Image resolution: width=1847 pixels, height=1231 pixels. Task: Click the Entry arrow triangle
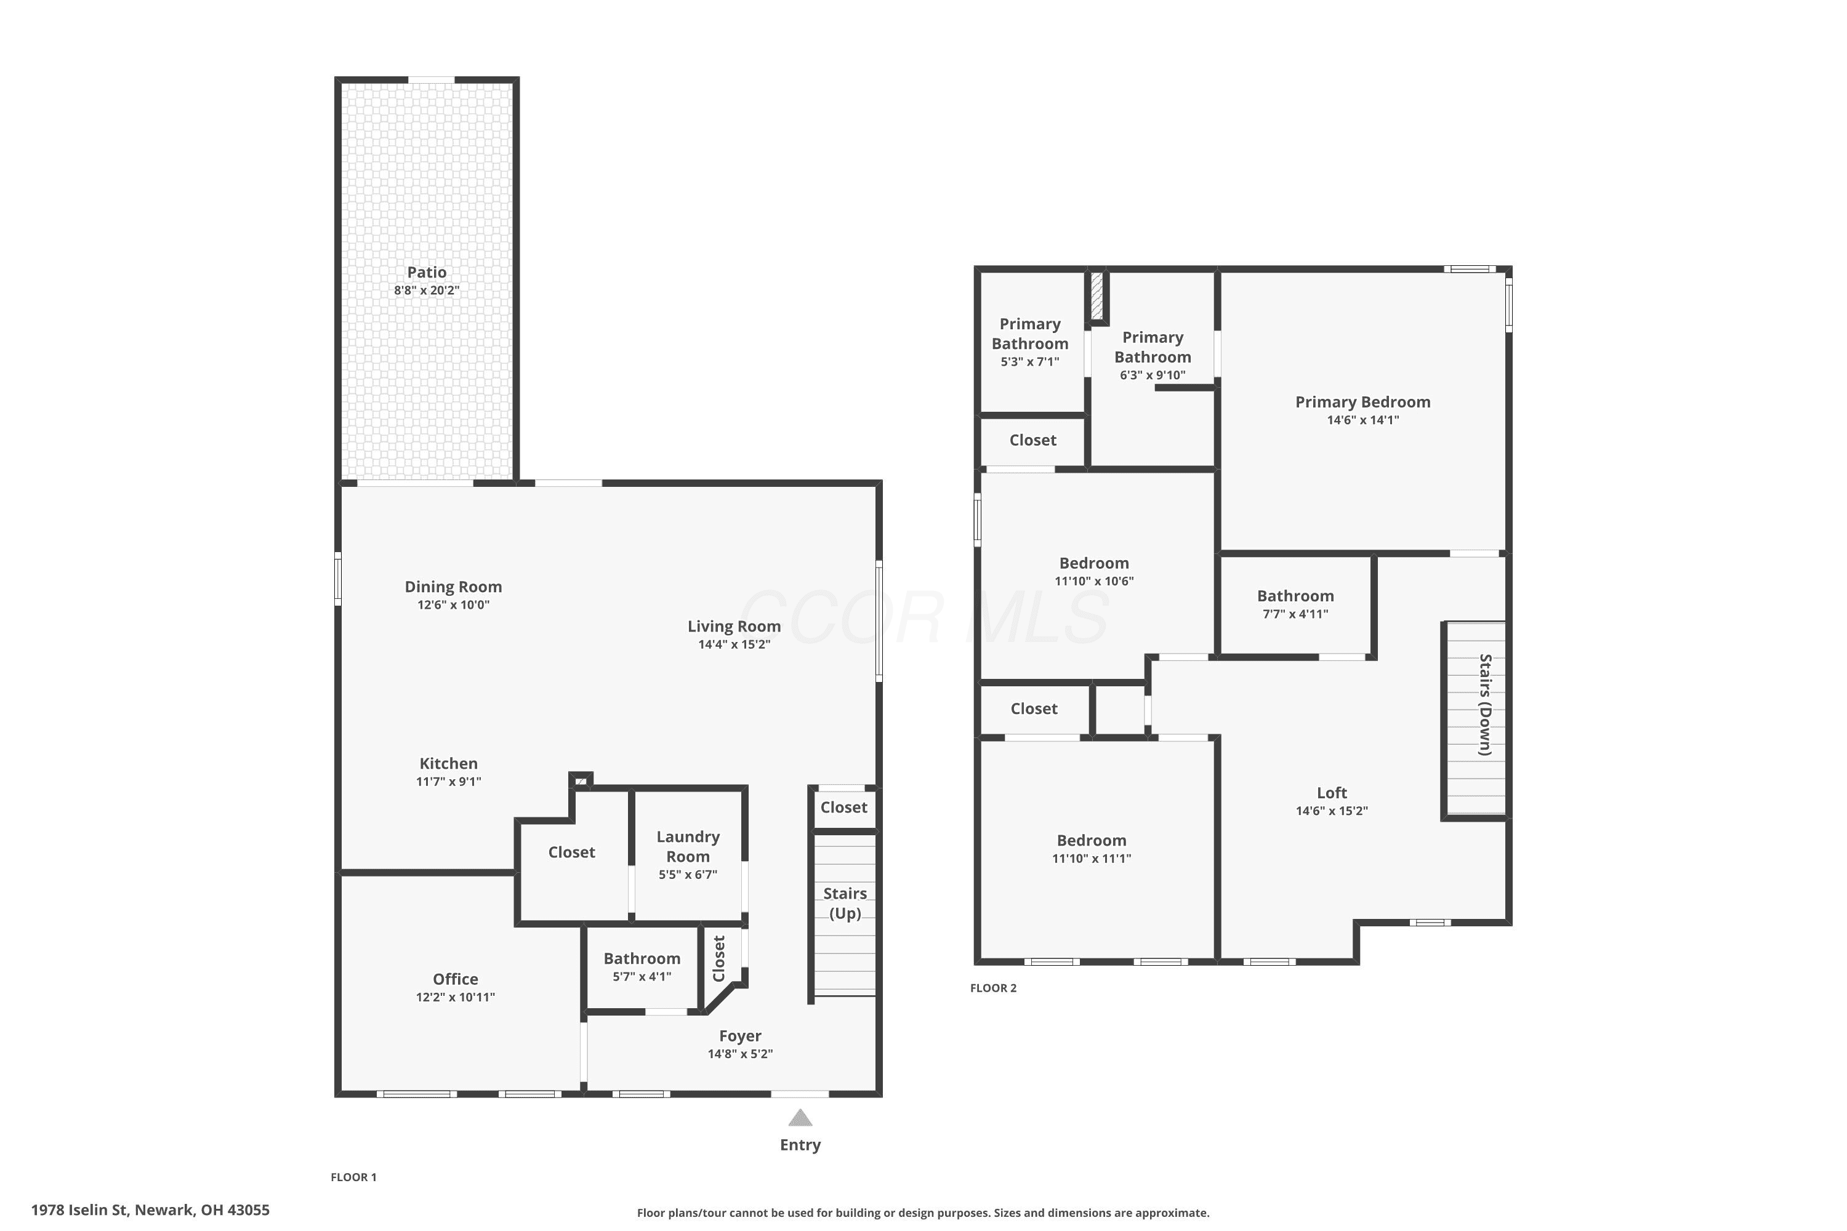click(x=800, y=1117)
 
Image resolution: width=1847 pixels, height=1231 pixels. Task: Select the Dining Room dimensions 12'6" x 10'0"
click(x=453, y=604)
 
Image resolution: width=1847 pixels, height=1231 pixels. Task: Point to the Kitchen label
click(x=448, y=763)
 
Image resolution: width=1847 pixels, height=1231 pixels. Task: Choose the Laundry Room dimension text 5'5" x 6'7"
click(x=688, y=875)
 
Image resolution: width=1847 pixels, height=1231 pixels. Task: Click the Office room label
click(x=456, y=979)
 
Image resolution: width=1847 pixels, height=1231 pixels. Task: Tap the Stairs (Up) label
click(x=845, y=903)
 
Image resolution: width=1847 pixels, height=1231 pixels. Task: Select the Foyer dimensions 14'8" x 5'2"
click(x=740, y=1054)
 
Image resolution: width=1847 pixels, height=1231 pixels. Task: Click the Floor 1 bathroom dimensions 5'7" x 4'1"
click(x=642, y=977)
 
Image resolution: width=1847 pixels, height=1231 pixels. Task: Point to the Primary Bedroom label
click(x=1362, y=402)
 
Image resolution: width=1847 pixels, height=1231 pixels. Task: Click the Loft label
click(x=1332, y=793)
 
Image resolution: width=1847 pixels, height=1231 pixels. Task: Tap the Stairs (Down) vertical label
click(x=1485, y=704)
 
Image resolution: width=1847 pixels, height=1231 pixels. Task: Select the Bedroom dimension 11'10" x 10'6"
click(x=1094, y=581)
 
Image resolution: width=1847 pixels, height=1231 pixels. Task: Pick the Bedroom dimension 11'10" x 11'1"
click(x=1092, y=858)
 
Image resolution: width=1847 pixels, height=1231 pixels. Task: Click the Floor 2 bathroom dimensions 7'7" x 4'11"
click(x=1295, y=614)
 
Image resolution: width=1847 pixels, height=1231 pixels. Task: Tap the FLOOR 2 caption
click(x=994, y=988)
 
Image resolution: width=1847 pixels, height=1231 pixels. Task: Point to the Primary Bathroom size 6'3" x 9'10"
click(x=1152, y=375)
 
